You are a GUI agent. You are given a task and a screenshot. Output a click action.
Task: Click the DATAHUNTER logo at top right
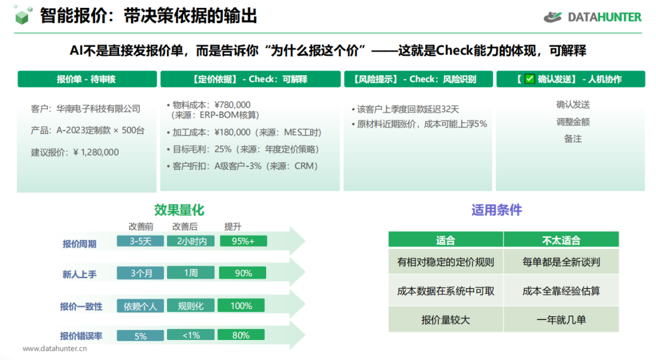point(592,17)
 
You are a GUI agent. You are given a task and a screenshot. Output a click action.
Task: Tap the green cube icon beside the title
point(22,15)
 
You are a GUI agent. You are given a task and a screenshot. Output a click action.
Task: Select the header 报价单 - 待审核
point(87,79)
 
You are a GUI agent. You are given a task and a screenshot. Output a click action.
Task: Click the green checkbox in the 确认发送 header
point(530,78)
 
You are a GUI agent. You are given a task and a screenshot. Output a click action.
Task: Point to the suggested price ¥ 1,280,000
point(96,152)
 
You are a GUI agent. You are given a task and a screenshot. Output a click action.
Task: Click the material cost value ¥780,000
point(232,105)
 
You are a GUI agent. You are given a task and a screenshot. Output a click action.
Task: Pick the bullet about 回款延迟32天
point(405,109)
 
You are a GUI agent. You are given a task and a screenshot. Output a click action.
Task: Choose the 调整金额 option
point(573,122)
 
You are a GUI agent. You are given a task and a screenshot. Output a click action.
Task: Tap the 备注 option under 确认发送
point(573,139)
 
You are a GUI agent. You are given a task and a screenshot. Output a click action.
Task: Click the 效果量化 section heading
point(179,210)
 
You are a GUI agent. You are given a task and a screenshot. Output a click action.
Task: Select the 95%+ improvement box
point(243,241)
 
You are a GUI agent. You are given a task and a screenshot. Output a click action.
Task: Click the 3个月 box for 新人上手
point(140,273)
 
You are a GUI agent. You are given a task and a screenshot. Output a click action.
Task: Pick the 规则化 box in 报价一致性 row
point(191,305)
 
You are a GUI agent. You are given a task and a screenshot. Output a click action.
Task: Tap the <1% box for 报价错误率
point(191,335)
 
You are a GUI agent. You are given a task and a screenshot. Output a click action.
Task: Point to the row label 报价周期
point(80,244)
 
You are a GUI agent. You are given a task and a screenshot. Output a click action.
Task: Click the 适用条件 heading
point(497,210)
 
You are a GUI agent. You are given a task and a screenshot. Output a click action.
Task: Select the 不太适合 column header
point(561,240)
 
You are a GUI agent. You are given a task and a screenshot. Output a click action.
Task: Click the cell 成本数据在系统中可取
point(446,291)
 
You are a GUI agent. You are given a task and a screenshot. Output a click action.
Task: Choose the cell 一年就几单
point(561,320)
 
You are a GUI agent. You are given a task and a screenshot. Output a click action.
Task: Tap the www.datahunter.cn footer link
point(55,348)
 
